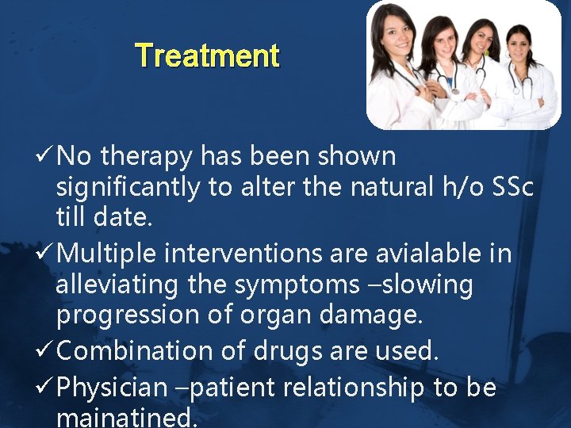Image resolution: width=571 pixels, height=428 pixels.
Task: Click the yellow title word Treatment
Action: (x=207, y=56)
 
